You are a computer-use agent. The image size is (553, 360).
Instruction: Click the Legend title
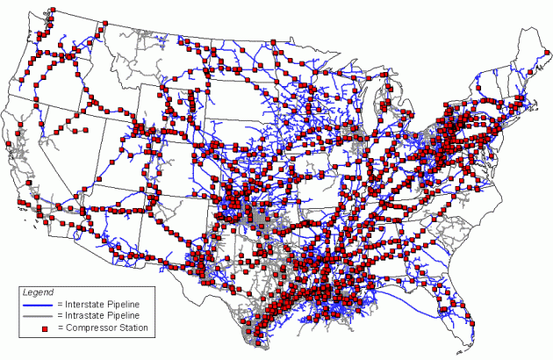click(x=39, y=292)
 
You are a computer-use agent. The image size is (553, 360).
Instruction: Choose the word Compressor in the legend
click(x=83, y=328)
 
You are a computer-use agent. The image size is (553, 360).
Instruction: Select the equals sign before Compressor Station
click(x=54, y=328)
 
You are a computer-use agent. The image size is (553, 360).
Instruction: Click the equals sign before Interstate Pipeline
click(x=54, y=304)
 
